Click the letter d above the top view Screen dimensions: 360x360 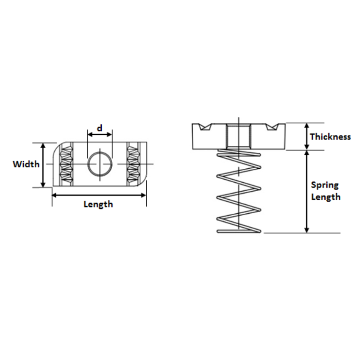99,128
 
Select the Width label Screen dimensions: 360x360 26,165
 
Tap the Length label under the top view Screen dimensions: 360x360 98,204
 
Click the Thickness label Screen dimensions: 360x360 330,137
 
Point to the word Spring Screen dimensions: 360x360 325,185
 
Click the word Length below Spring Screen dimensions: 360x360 326,197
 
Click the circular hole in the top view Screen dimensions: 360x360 99,164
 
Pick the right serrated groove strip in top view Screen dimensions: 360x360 134,164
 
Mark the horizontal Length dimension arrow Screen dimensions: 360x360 98,195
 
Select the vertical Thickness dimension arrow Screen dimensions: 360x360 307,136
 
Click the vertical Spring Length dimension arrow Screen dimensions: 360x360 307,191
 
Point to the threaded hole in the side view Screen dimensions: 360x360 238,135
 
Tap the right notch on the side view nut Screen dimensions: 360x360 271,127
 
